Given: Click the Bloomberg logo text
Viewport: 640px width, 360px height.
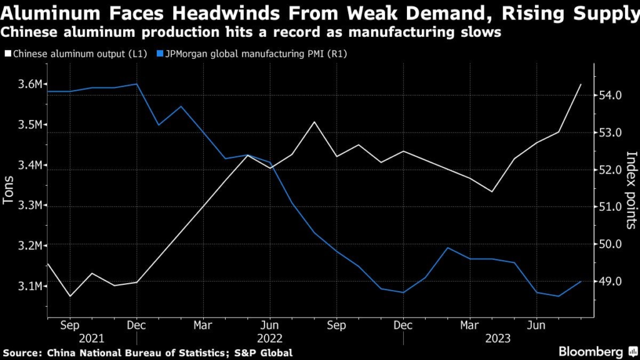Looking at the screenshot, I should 591,351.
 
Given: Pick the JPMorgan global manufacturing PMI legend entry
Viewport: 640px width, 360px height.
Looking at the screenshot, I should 253,54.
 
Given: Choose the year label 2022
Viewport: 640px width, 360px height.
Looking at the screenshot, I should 269,338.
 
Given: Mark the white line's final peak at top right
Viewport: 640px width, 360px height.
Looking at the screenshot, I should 581,84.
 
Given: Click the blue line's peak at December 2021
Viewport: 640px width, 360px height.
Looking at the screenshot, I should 136,84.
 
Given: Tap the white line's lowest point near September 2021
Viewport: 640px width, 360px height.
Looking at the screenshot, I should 69,296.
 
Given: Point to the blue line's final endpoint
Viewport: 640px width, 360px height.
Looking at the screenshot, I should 581,282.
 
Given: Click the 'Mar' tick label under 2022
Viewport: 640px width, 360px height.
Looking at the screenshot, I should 202,326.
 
